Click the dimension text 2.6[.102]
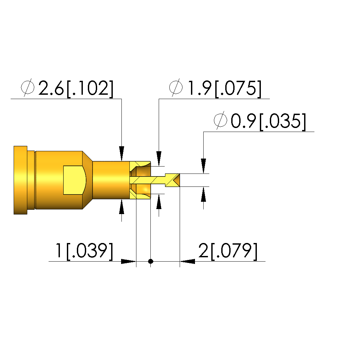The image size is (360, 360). coord(76,89)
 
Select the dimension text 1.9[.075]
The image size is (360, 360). coord(225,89)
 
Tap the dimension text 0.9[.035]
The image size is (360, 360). coord(268,121)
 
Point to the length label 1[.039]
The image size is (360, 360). coord(84,251)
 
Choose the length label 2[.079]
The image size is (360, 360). coord(228,251)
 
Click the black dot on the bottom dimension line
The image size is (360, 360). coord(150,261)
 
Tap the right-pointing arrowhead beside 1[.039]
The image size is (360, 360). coord(128,261)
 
